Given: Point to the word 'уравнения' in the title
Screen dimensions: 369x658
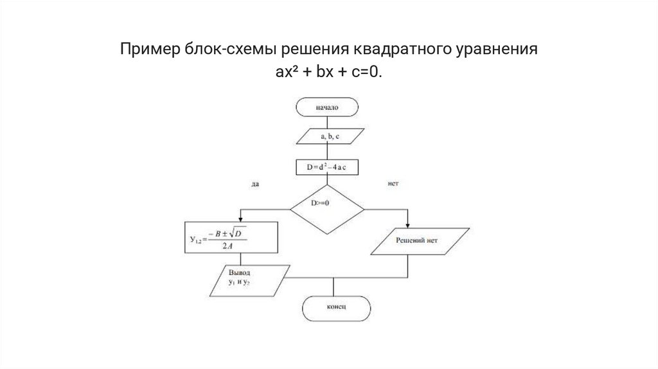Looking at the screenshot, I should tap(499, 50).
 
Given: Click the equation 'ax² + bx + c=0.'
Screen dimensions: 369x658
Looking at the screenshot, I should tap(329, 73).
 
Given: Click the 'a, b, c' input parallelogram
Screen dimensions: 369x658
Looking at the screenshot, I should tap(326, 137).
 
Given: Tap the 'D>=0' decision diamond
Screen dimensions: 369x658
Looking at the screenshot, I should tap(326, 209).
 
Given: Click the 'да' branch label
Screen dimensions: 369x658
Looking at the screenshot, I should tap(255, 184).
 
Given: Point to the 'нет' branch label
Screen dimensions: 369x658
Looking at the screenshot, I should tap(393, 184).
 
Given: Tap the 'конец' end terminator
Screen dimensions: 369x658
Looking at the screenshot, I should tap(336, 309).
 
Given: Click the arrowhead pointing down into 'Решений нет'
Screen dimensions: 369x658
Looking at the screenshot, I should tap(409, 224).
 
